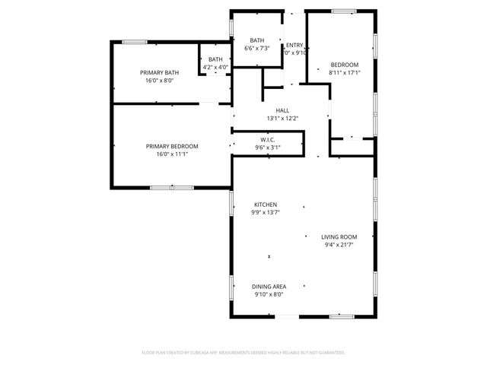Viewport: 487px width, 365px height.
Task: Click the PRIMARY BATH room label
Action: click(159, 72)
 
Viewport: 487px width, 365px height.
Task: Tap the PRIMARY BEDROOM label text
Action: click(172, 146)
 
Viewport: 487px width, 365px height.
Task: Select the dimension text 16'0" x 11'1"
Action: click(172, 154)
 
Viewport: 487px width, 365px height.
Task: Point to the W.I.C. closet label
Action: click(268, 139)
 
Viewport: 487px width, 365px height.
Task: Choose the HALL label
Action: click(282, 110)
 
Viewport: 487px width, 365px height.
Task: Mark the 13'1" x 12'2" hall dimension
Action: click(282, 118)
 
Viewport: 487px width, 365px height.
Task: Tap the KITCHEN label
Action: click(265, 205)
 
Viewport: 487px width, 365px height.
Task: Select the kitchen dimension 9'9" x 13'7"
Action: click(265, 213)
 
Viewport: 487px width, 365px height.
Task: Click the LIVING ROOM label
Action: click(339, 236)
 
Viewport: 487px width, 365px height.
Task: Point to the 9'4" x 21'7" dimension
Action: click(339, 245)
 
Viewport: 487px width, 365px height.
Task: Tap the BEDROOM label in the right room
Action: click(345, 65)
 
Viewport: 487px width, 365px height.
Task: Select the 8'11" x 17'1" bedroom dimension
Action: click(345, 73)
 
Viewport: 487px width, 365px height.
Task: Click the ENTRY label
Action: click(294, 45)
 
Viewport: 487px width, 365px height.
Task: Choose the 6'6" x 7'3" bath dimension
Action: click(257, 49)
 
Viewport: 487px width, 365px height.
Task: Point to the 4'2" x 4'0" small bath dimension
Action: click(216, 67)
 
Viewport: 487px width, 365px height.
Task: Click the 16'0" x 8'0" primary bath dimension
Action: click(159, 80)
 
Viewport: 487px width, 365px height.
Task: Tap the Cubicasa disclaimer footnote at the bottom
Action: click(243, 352)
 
